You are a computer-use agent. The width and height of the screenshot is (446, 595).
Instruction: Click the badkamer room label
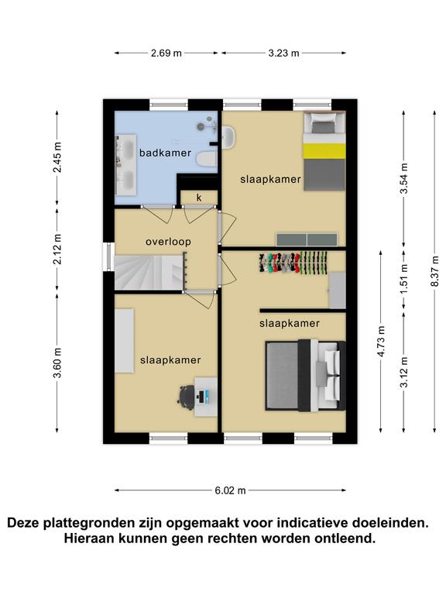pos(165,153)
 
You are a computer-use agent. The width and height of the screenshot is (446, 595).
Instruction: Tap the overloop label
pos(168,242)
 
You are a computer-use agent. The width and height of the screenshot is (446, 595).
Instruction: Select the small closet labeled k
pos(199,198)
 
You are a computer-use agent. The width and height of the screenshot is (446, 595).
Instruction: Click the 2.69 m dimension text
pos(166,53)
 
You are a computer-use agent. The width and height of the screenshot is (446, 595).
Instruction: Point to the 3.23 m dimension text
pos(283,53)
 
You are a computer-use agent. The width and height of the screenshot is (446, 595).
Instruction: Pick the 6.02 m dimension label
pos(230,490)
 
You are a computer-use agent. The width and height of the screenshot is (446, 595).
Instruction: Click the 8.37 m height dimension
pos(434,271)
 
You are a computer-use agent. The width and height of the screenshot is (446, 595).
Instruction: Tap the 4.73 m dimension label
pos(381,341)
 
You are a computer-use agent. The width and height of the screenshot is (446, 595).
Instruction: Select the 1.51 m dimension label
pos(404,279)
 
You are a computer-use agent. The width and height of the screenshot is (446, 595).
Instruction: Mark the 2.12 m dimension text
pos(57,249)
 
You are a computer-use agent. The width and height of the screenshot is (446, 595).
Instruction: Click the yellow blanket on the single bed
pos(324,151)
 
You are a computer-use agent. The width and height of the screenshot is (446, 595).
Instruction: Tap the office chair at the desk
pos(187,397)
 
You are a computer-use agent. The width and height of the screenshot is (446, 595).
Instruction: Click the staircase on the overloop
pos(149,273)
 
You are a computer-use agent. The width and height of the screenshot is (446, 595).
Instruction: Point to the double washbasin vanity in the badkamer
pos(125,165)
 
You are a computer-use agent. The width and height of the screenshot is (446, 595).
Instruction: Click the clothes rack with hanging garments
pos(293,262)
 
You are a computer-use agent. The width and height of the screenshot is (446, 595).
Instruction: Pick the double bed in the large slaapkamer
pos(305,375)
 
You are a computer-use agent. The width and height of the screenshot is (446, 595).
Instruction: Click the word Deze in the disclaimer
pos(23,523)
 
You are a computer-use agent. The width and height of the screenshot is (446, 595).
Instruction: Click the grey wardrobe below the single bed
pos(307,239)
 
